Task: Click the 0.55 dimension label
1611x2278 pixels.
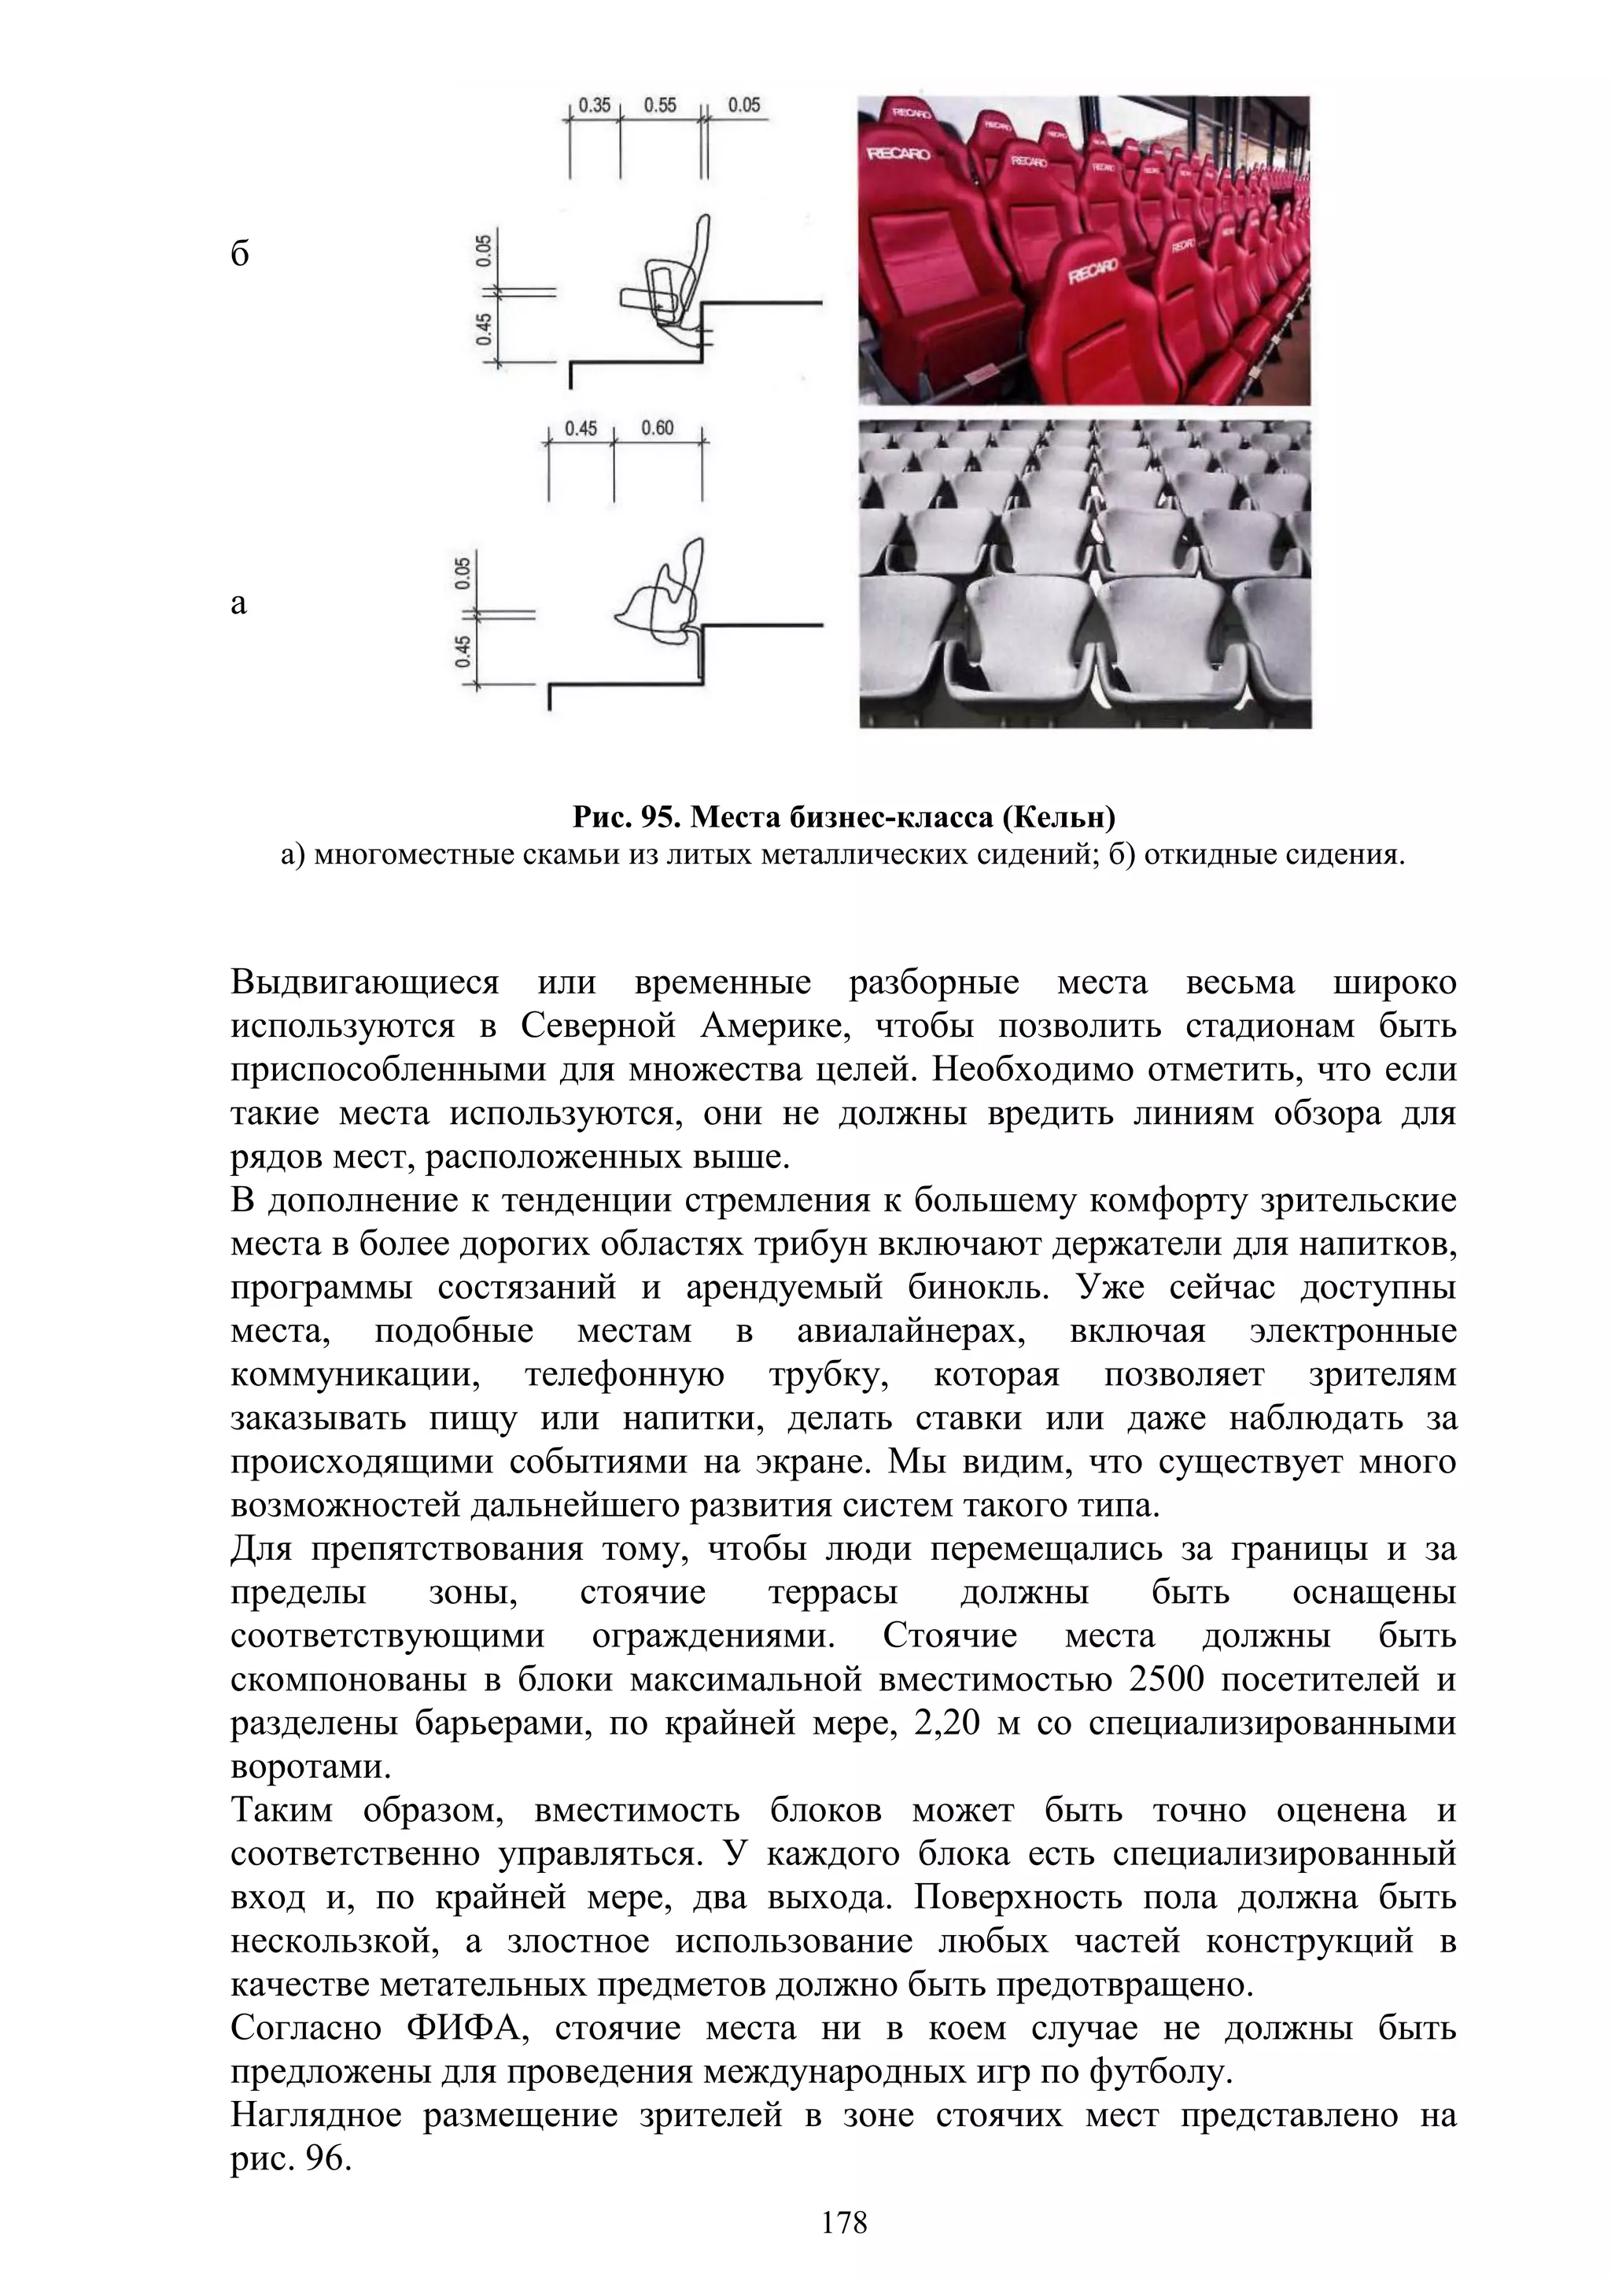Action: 660,105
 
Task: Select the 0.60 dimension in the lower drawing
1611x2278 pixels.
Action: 657,429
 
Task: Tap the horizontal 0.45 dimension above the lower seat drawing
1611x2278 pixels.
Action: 581,429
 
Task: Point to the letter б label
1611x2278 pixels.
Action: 240,255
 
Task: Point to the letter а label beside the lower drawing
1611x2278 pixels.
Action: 238,603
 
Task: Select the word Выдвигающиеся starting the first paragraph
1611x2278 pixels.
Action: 365,983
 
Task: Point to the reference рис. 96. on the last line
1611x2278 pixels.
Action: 292,2158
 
